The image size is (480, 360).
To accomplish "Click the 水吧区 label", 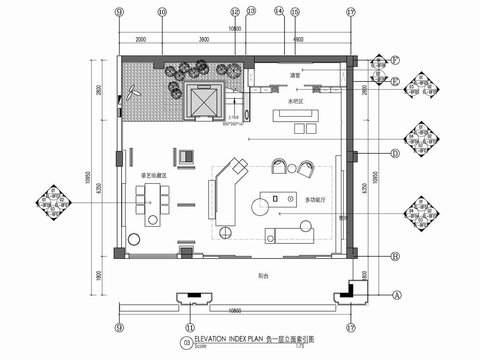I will pyautogui.click(x=297, y=100).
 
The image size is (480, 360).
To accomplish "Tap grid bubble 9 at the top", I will pyautogui.click(x=119, y=13).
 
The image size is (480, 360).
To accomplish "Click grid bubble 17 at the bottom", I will pyautogui.click(x=350, y=327).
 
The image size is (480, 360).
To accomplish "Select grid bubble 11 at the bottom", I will pyautogui.click(x=188, y=327).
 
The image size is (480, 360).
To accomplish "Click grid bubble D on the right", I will pyautogui.click(x=396, y=153).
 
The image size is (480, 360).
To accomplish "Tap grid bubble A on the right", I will pyautogui.click(x=396, y=295).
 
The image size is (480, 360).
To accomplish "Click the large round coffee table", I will pyautogui.click(x=258, y=205).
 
